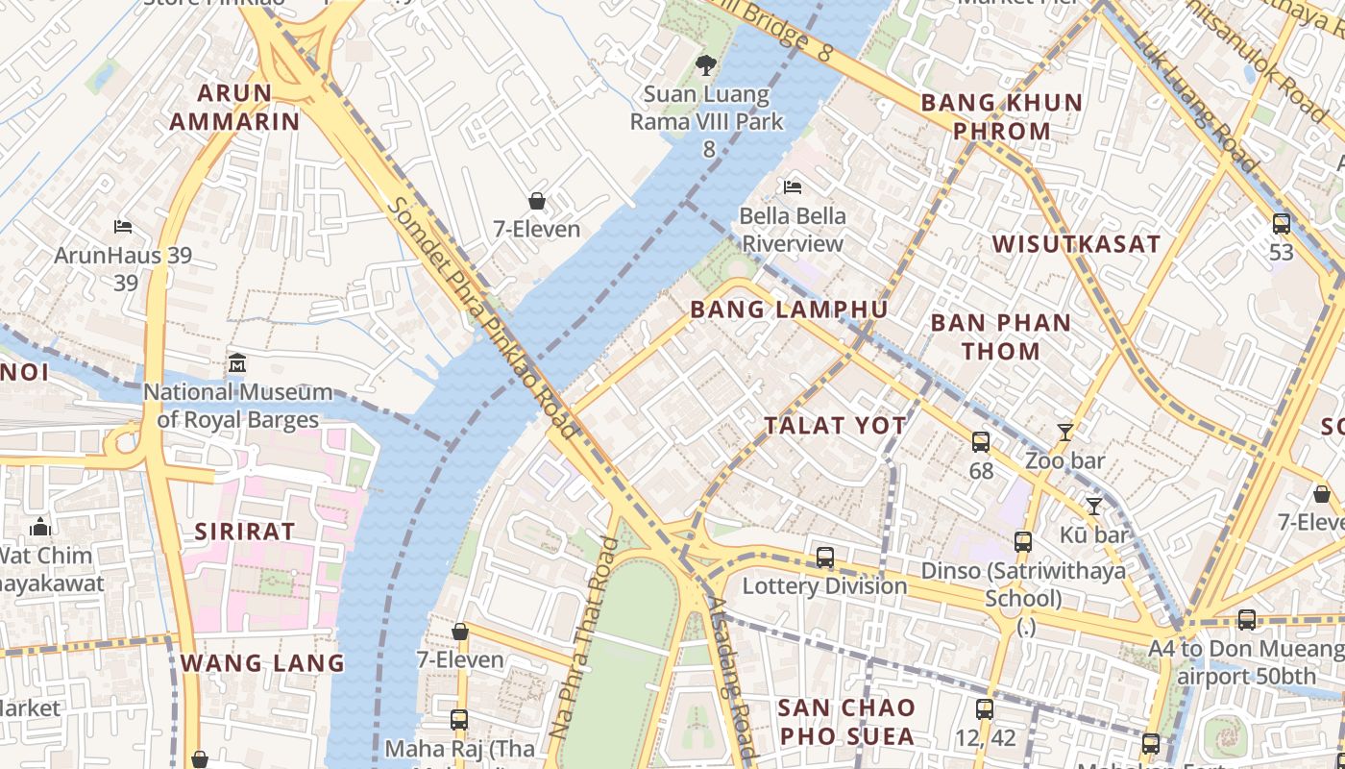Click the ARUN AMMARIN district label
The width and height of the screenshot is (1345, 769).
click(x=235, y=107)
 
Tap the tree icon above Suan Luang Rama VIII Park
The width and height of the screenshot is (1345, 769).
click(x=706, y=65)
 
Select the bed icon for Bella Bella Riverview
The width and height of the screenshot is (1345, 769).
click(x=793, y=186)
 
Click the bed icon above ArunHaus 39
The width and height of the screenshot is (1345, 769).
click(x=123, y=227)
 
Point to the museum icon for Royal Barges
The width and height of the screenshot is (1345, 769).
click(x=237, y=364)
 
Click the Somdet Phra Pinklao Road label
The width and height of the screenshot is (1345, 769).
click(x=480, y=317)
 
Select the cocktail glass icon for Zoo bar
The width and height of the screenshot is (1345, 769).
click(x=1064, y=433)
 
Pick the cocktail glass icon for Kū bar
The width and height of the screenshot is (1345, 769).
click(x=1093, y=506)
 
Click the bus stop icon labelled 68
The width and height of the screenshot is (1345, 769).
click(x=980, y=442)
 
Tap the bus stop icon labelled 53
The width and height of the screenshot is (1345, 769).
click(x=1281, y=224)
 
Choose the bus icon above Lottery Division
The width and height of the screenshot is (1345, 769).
click(x=824, y=558)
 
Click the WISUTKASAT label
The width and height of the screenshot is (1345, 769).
click(x=1076, y=244)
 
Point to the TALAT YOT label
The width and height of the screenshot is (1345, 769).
click(x=835, y=425)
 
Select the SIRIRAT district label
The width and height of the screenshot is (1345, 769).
click(x=245, y=532)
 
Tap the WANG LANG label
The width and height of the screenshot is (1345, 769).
click(x=262, y=662)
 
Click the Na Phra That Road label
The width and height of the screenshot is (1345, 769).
click(x=583, y=638)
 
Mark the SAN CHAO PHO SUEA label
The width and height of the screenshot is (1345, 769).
click(x=845, y=722)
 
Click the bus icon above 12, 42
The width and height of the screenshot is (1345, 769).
click(x=984, y=709)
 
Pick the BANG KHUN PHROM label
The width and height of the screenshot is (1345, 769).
click(x=1001, y=116)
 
